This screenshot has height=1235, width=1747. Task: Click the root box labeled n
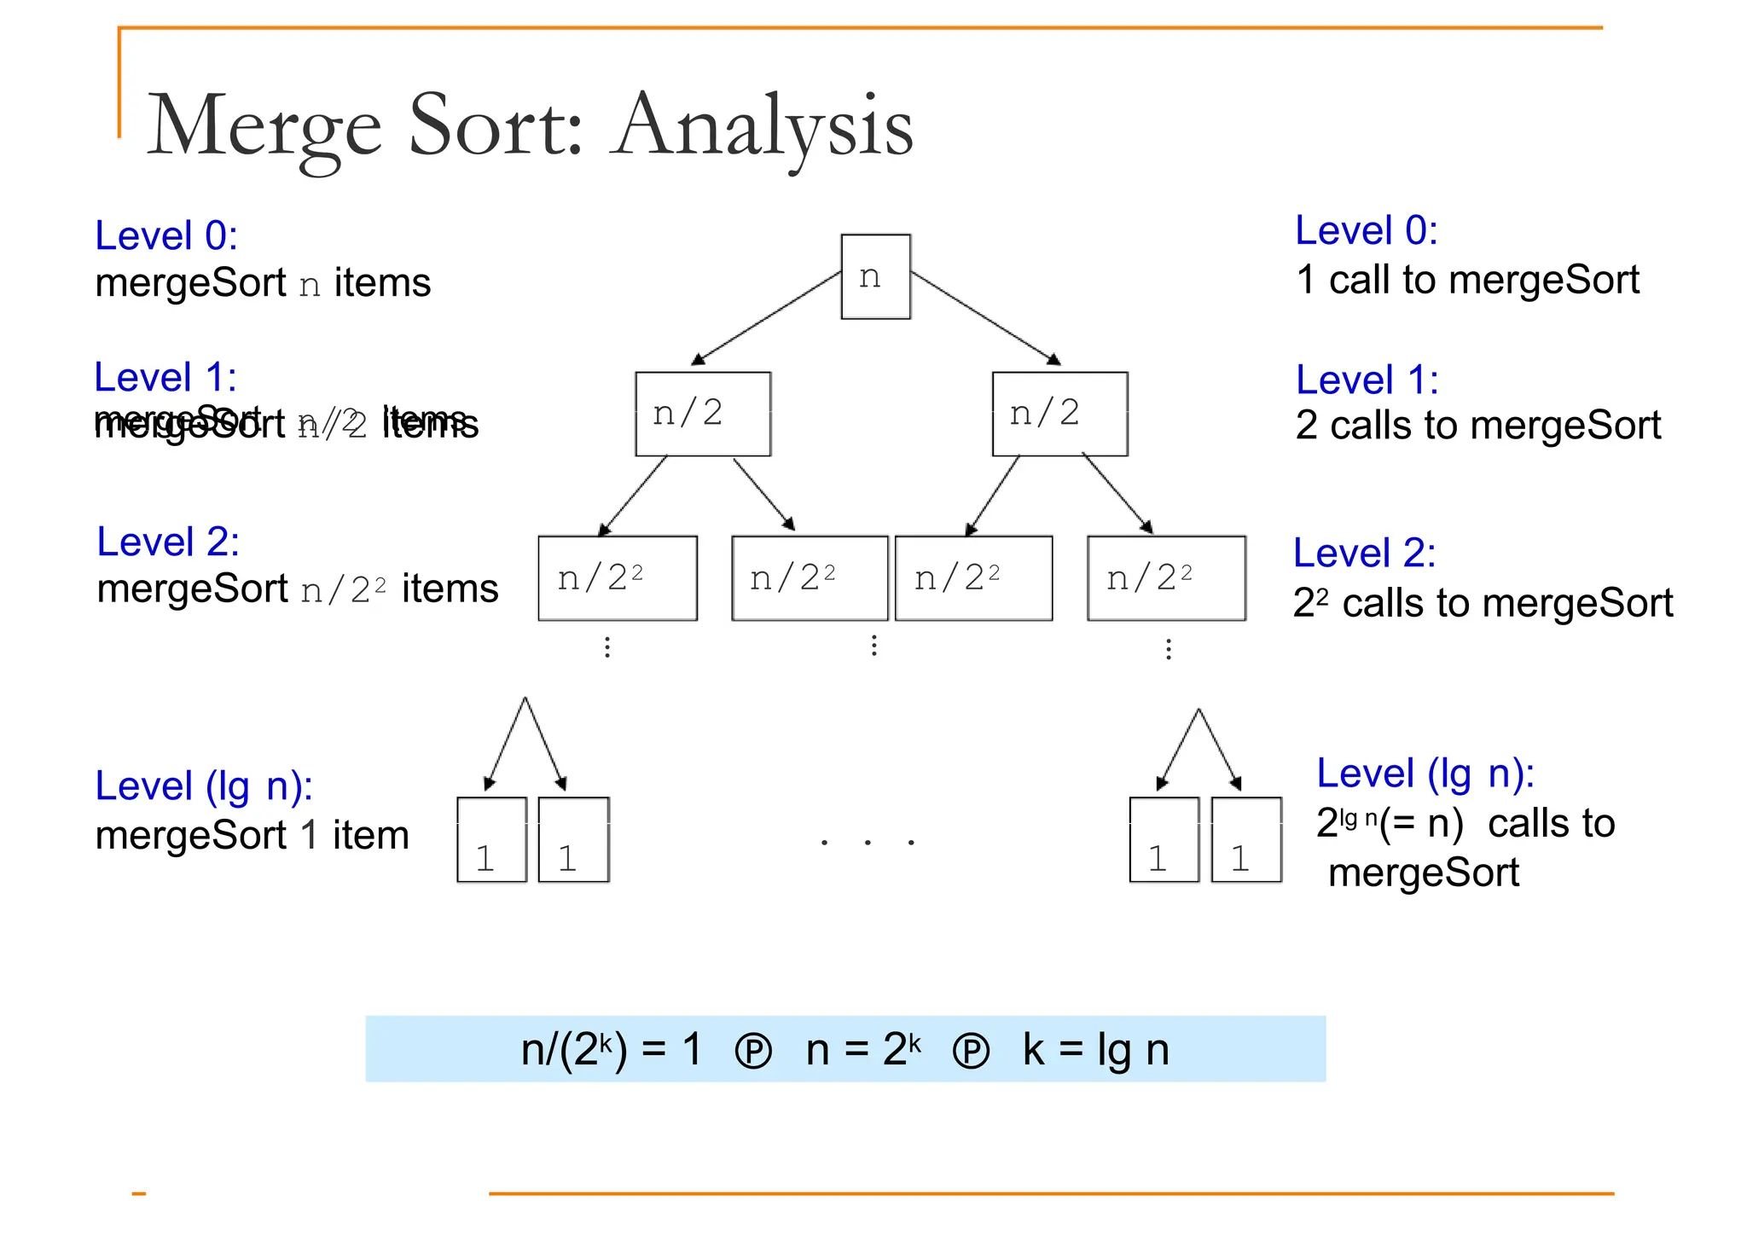coord(875,276)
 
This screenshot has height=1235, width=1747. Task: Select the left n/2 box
coord(703,414)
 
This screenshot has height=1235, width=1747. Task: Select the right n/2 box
coord(1059,414)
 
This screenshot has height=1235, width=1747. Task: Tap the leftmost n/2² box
coord(618,578)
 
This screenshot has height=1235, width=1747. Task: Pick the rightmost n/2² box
coord(1166,578)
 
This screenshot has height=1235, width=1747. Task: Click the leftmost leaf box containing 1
coord(492,839)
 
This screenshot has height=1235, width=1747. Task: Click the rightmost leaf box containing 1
coord(1246,839)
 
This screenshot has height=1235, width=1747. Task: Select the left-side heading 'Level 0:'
coord(166,235)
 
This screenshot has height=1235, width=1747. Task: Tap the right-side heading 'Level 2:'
coord(1364,553)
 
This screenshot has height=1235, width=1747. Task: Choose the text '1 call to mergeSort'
coord(1467,280)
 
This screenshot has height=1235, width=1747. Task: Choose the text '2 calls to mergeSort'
coord(1477,425)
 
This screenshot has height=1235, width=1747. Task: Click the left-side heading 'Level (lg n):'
coord(204,786)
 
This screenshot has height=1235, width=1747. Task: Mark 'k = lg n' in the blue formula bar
coord(1095,1049)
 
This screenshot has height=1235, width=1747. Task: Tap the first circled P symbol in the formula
coord(753,1052)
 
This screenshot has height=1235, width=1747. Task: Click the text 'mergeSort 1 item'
coord(252,835)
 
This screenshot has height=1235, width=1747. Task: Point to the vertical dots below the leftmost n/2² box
coord(607,646)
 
